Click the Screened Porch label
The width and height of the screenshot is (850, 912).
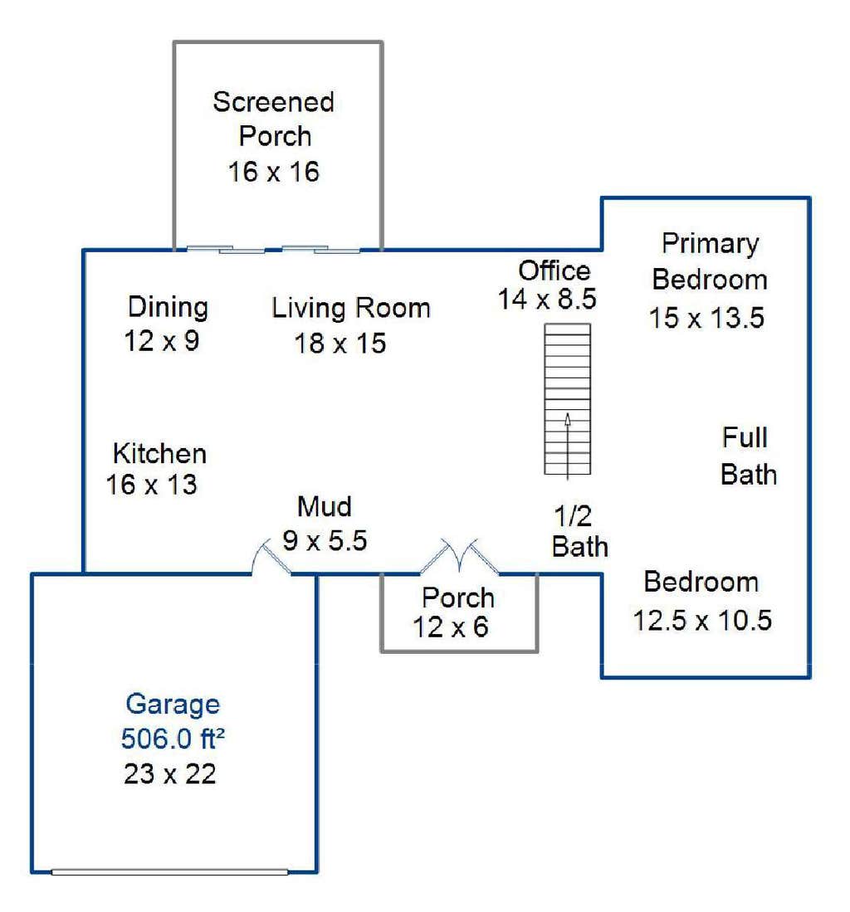(x=273, y=119)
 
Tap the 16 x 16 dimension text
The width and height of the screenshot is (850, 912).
(x=273, y=172)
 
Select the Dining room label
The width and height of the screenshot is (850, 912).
(x=168, y=306)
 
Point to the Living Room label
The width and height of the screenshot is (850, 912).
(x=351, y=308)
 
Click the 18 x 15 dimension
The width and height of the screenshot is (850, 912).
(x=340, y=344)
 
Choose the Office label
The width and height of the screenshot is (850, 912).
(x=554, y=271)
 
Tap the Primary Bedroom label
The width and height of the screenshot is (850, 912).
(x=710, y=261)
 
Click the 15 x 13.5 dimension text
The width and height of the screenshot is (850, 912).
(x=707, y=318)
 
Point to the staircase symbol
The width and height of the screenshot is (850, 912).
(x=567, y=399)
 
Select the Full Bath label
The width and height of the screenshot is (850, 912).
(x=748, y=456)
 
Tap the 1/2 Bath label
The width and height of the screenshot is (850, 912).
(x=579, y=531)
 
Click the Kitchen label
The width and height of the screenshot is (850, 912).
(x=159, y=454)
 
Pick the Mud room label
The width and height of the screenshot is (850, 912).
(x=324, y=506)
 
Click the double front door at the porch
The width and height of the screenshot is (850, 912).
(x=459, y=557)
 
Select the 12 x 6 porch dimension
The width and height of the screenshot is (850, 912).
(x=450, y=627)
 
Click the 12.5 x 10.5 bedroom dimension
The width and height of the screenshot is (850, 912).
(x=702, y=620)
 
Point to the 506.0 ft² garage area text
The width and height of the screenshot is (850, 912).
(x=173, y=739)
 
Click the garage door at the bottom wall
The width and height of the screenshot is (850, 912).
(x=169, y=872)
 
